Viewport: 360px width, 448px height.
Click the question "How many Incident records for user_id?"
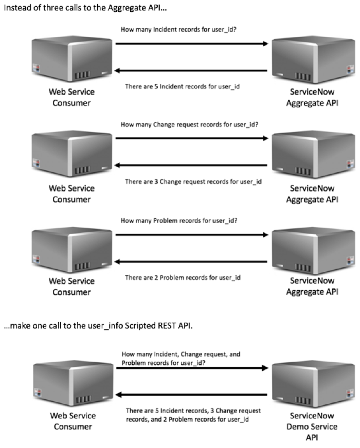(182, 30)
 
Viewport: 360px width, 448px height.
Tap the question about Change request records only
(189, 124)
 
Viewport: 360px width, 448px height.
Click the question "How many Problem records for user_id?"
(182, 220)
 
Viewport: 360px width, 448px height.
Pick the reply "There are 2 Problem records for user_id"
(183, 277)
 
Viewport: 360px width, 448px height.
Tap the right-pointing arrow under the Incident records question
(191, 44)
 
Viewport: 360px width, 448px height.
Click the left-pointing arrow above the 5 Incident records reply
(191, 71)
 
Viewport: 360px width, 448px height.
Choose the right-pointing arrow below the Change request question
(191, 139)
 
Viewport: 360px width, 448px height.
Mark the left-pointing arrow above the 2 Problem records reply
(191, 262)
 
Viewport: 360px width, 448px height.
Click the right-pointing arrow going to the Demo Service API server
(191, 368)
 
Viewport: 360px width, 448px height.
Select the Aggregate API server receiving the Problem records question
(312, 249)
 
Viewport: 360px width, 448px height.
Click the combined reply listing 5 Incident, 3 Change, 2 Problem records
(193, 415)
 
